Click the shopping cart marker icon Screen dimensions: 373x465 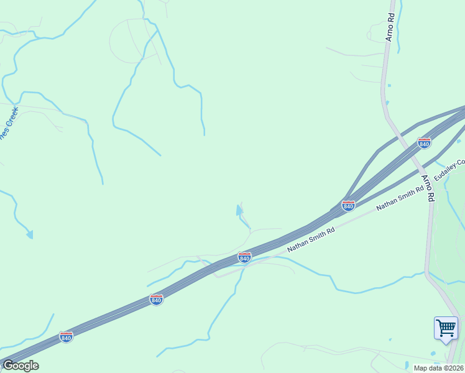click(x=446, y=327)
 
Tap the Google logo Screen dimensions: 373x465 click(x=20, y=366)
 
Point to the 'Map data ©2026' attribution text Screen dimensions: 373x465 click(x=438, y=368)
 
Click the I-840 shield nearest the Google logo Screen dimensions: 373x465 click(x=66, y=337)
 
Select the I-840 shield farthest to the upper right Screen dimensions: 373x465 click(x=424, y=144)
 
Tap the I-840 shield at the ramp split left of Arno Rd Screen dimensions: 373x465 click(x=348, y=205)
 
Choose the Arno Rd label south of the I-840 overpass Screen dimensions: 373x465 click(x=428, y=188)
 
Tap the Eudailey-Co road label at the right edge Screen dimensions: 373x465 click(x=450, y=170)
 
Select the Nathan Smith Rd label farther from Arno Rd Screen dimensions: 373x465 click(x=311, y=239)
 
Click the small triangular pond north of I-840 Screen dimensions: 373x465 click(x=239, y=211)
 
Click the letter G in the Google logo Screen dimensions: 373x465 click(x=8, y=366)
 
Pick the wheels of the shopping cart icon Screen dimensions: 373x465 click(x=446, y=334)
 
